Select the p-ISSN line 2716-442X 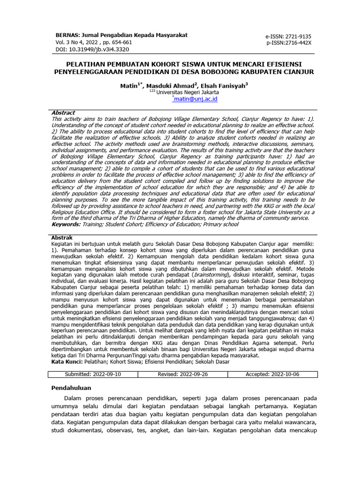289,43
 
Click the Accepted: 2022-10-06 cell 272,374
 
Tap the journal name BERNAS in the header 67,35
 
